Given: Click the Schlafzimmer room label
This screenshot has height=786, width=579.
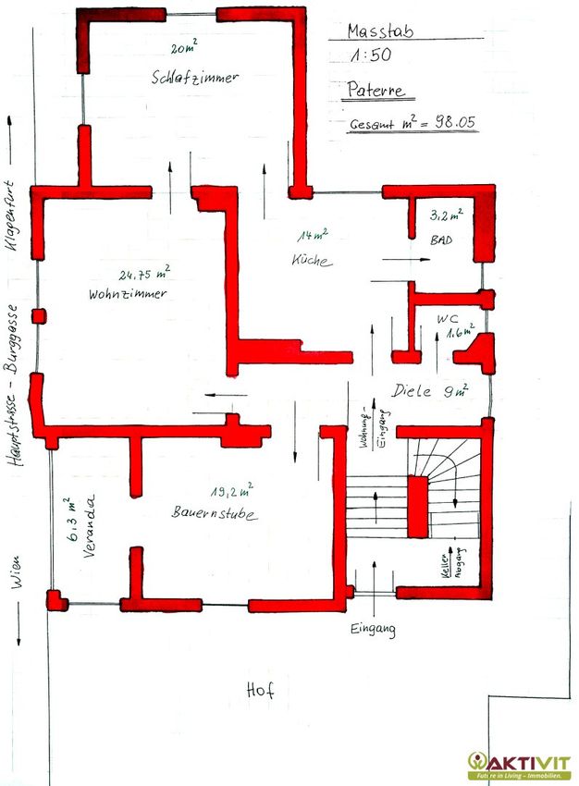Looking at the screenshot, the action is [195, 78].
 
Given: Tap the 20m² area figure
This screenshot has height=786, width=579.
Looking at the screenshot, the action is [184, 47].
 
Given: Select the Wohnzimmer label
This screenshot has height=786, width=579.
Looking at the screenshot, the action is [128, 294].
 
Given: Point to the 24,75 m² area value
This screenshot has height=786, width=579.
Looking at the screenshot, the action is [144, 273].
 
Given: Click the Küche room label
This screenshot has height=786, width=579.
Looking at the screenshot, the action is [312, 260].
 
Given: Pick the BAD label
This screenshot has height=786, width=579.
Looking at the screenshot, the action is [441, 240].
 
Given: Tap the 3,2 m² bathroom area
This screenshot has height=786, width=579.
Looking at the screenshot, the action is [447, 215].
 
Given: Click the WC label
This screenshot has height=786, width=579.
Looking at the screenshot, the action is [447, 319].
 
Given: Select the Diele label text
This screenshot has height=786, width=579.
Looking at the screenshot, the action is [411, 391].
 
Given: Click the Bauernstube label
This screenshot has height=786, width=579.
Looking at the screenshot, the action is [215, 513].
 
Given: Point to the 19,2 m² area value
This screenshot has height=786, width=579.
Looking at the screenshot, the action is [231, 491].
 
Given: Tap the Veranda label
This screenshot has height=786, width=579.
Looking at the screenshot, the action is [89, 526].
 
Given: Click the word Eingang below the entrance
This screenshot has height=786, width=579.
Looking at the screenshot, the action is [373, 630].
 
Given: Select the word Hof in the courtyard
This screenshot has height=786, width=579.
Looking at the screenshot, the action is [260, 690].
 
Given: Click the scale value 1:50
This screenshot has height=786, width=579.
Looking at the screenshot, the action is [371, 55].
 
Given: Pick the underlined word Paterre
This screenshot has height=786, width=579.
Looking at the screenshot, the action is [376, 91].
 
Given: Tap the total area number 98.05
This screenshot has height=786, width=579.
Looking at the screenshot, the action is [455, 122].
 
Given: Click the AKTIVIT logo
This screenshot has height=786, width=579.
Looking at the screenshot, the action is [520, 766].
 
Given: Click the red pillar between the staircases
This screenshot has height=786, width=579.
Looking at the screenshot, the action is [417, 508].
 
